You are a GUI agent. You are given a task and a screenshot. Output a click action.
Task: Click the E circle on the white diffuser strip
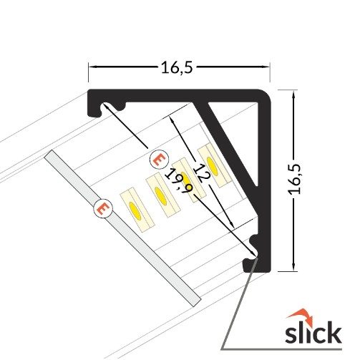[103, 208]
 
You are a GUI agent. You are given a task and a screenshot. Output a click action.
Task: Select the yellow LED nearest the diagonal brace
[212, 155]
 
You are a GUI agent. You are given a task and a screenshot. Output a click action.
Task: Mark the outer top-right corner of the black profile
[271, 94]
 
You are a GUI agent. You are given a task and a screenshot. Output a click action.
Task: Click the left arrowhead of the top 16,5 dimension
[92, 67]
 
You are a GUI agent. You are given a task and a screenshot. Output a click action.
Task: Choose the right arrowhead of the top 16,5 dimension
[268, 67]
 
